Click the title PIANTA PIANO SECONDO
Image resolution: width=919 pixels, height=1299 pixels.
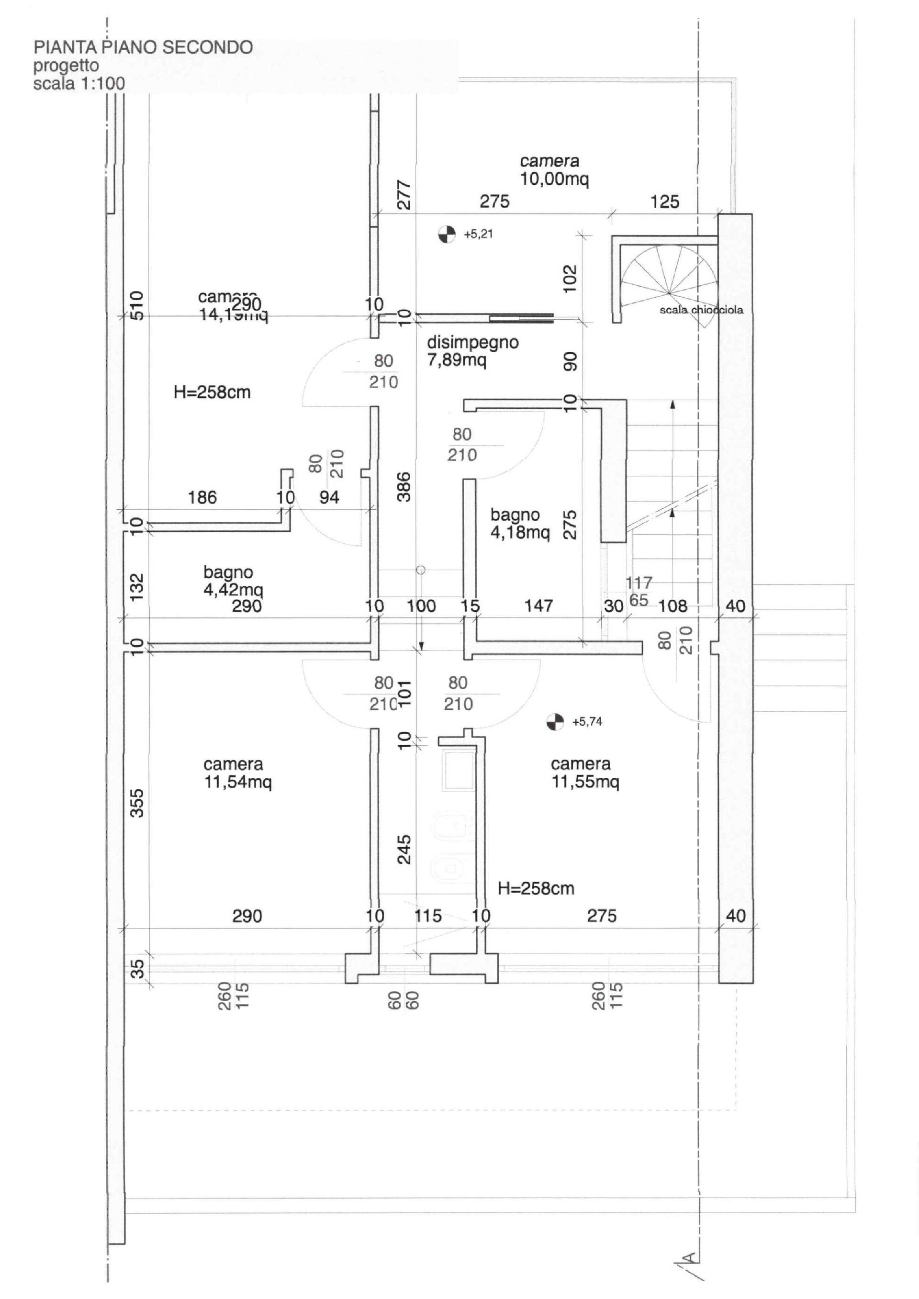coord(143,47)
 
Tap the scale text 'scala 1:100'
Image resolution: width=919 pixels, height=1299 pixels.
coord(78,84)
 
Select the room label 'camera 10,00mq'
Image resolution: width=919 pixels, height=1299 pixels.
coord(553,170)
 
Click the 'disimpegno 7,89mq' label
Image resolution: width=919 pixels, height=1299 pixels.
coord(472,351)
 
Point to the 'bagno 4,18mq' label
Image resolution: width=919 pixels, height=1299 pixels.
coord(519,523)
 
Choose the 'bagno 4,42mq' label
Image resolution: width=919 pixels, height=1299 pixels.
coord(233,581)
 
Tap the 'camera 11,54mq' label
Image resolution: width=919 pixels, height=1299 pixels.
coord(237,773)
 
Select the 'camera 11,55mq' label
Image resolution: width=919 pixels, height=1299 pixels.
coord(584,773)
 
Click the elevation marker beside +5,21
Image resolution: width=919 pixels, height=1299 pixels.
coord(447,234)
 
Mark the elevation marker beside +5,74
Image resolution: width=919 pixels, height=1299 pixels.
coord(555,722)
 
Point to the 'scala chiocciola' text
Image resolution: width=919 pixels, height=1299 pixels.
coord(701,310)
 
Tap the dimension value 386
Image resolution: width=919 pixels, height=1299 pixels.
coord(403,487)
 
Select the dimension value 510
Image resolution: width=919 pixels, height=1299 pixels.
coord(137,305)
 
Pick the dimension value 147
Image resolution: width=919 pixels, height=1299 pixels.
coord(538,606)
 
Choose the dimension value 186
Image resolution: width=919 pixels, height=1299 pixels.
coord(202,497)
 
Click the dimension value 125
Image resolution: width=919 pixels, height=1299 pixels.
coord(664,202)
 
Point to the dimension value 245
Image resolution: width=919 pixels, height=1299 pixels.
coord(403,849)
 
